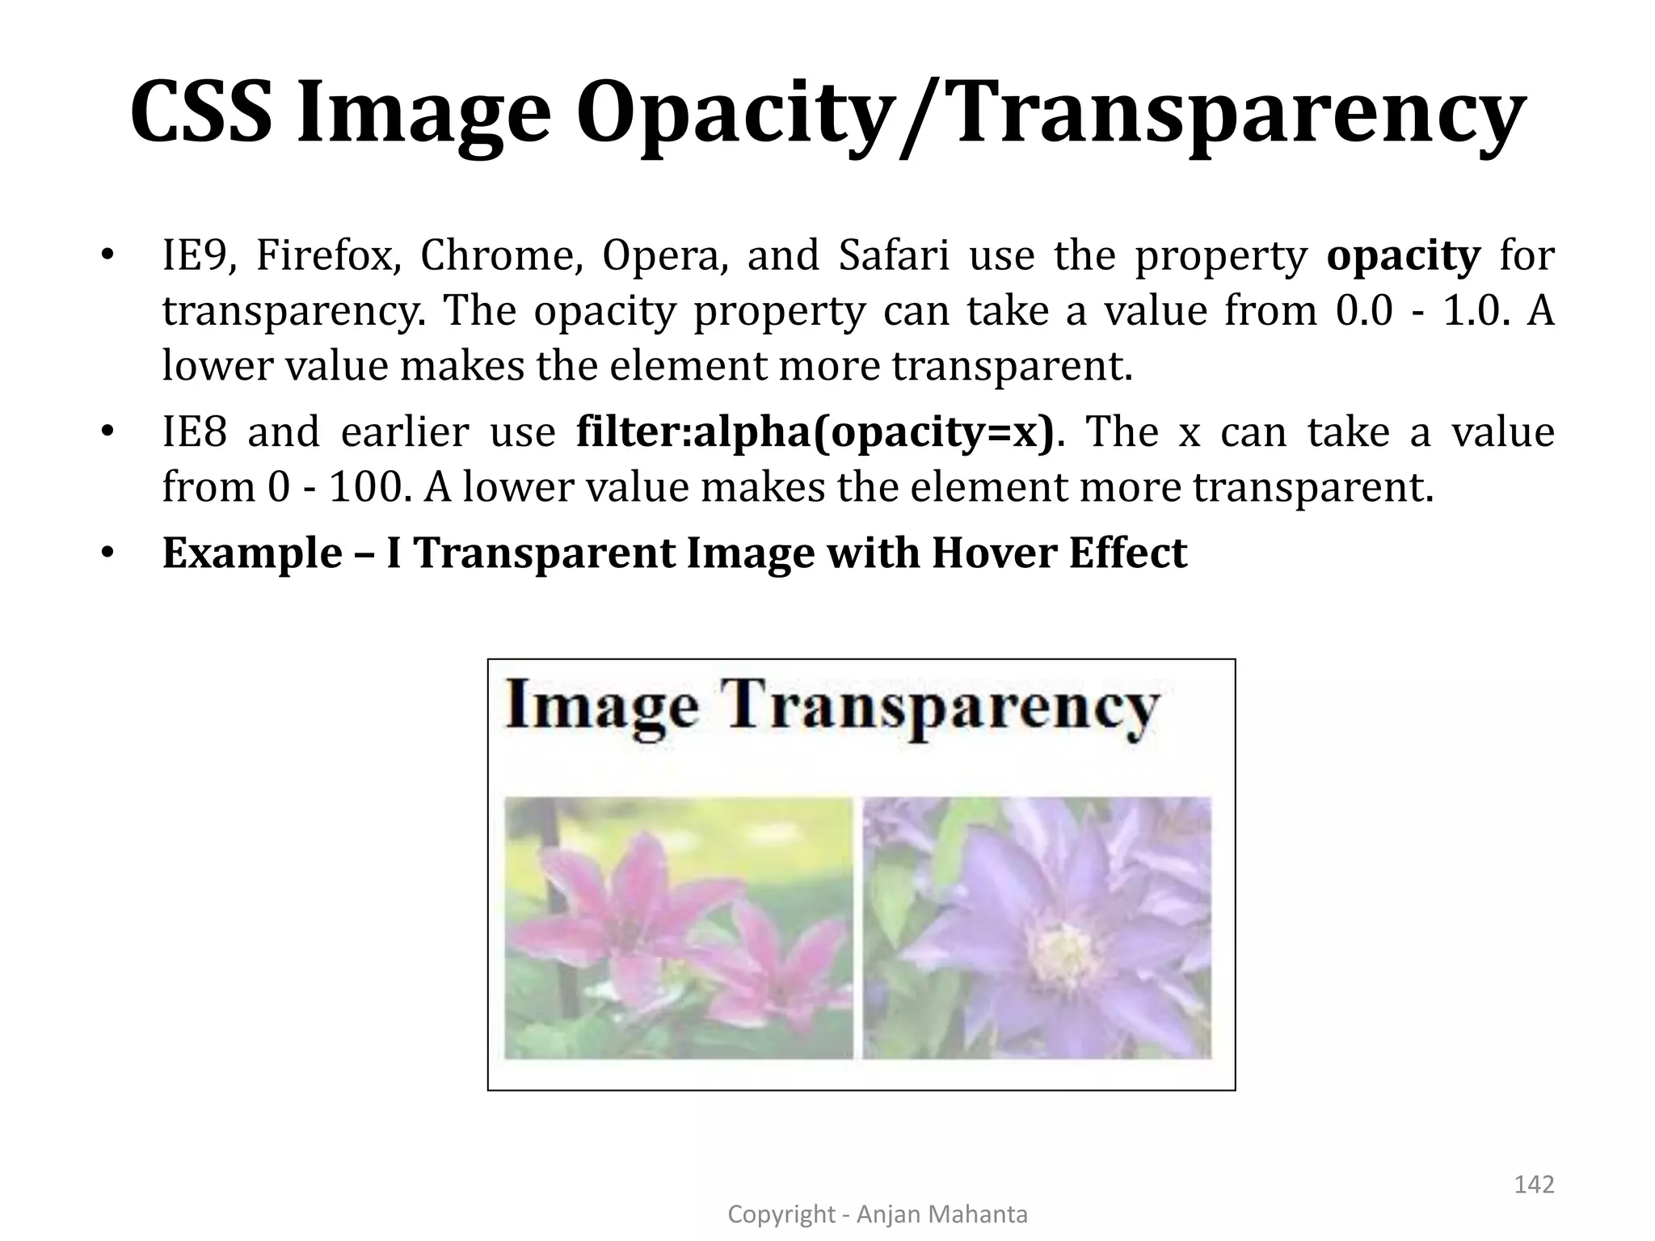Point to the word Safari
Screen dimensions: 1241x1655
point(894,256)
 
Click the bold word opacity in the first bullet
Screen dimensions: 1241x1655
point(1404,256)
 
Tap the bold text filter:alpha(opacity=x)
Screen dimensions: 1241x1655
point(815,432)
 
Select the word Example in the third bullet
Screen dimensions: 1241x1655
point(252,553)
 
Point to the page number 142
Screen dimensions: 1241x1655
point(1533,1184)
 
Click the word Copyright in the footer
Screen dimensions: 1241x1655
point(781,1214)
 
